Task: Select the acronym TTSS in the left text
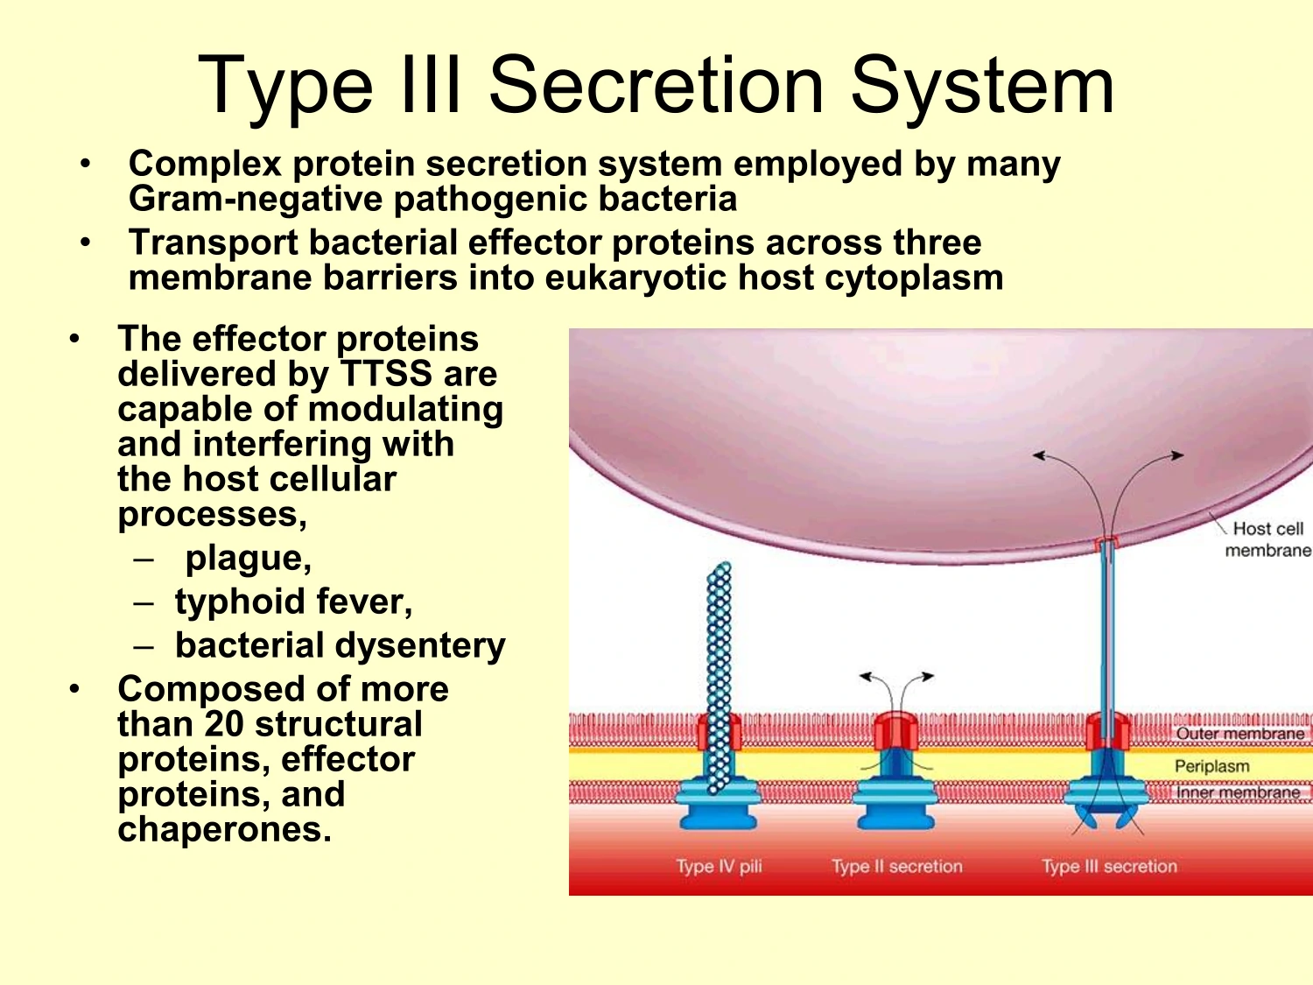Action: click(386, 375)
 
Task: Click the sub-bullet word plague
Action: click(248, 558)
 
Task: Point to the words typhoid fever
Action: click(293, 602)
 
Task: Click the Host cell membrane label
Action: click(1267, 539)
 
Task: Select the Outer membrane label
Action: click(1239, 734)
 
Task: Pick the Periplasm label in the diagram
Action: click(1211, 766)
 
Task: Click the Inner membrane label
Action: click(1237, 792)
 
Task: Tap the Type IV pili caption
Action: click(719, 867)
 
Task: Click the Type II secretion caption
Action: click(896, 867)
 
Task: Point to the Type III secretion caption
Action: click(1109, 867)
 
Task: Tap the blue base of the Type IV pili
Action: click(718, 810)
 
